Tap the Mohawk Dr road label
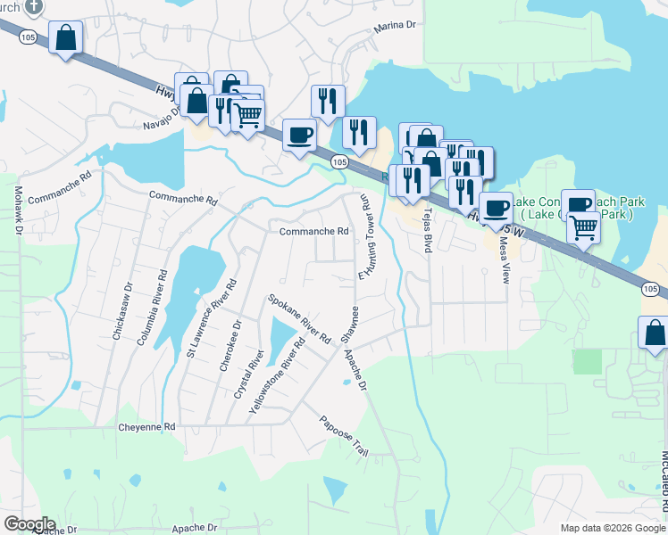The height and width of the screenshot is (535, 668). click(x=18, y=210)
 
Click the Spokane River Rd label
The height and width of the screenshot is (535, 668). click(x=300, y=318)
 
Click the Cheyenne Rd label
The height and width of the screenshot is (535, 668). click(x=146, y=428)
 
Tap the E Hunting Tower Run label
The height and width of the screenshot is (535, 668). click(x=364, y=238)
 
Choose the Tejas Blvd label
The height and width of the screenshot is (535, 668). click(x=427, y=230)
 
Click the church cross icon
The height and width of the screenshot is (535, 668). click(x=34, y=6)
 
